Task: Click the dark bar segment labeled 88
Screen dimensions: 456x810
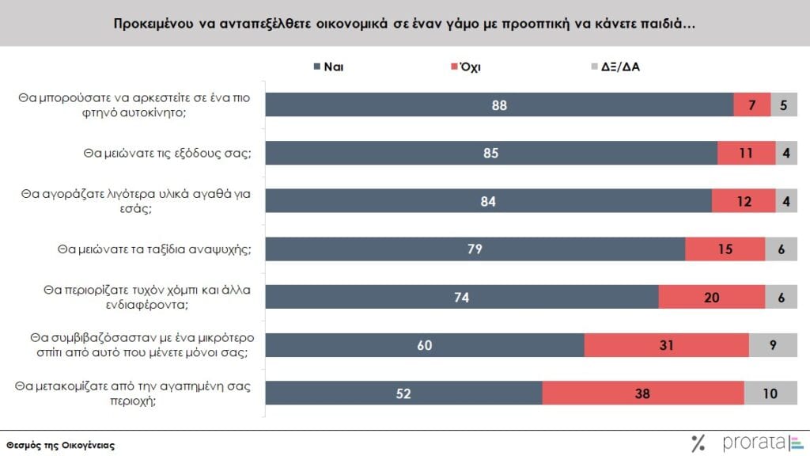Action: tap(499, 105)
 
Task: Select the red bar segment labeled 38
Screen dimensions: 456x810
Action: tap(643, 393)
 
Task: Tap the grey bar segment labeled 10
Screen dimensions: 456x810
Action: tap(770, 393)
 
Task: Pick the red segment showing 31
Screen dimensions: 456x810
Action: tap(666, 345)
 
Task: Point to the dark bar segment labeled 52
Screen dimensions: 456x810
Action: tap(403, 393)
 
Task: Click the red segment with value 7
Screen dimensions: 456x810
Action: tap(751, 105)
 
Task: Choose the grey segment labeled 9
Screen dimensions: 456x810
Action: tap(773, 345)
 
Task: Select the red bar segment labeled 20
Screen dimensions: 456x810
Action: tap(711, 297)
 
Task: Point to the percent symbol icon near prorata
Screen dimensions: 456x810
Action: tap(698, 443)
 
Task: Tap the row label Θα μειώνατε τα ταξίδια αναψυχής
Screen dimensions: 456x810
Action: tap(153, 249)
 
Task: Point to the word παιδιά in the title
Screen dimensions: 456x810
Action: tap(670, 23)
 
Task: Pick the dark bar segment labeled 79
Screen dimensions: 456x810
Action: tap(475, 249)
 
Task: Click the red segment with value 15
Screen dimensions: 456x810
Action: tap(725, 249)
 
